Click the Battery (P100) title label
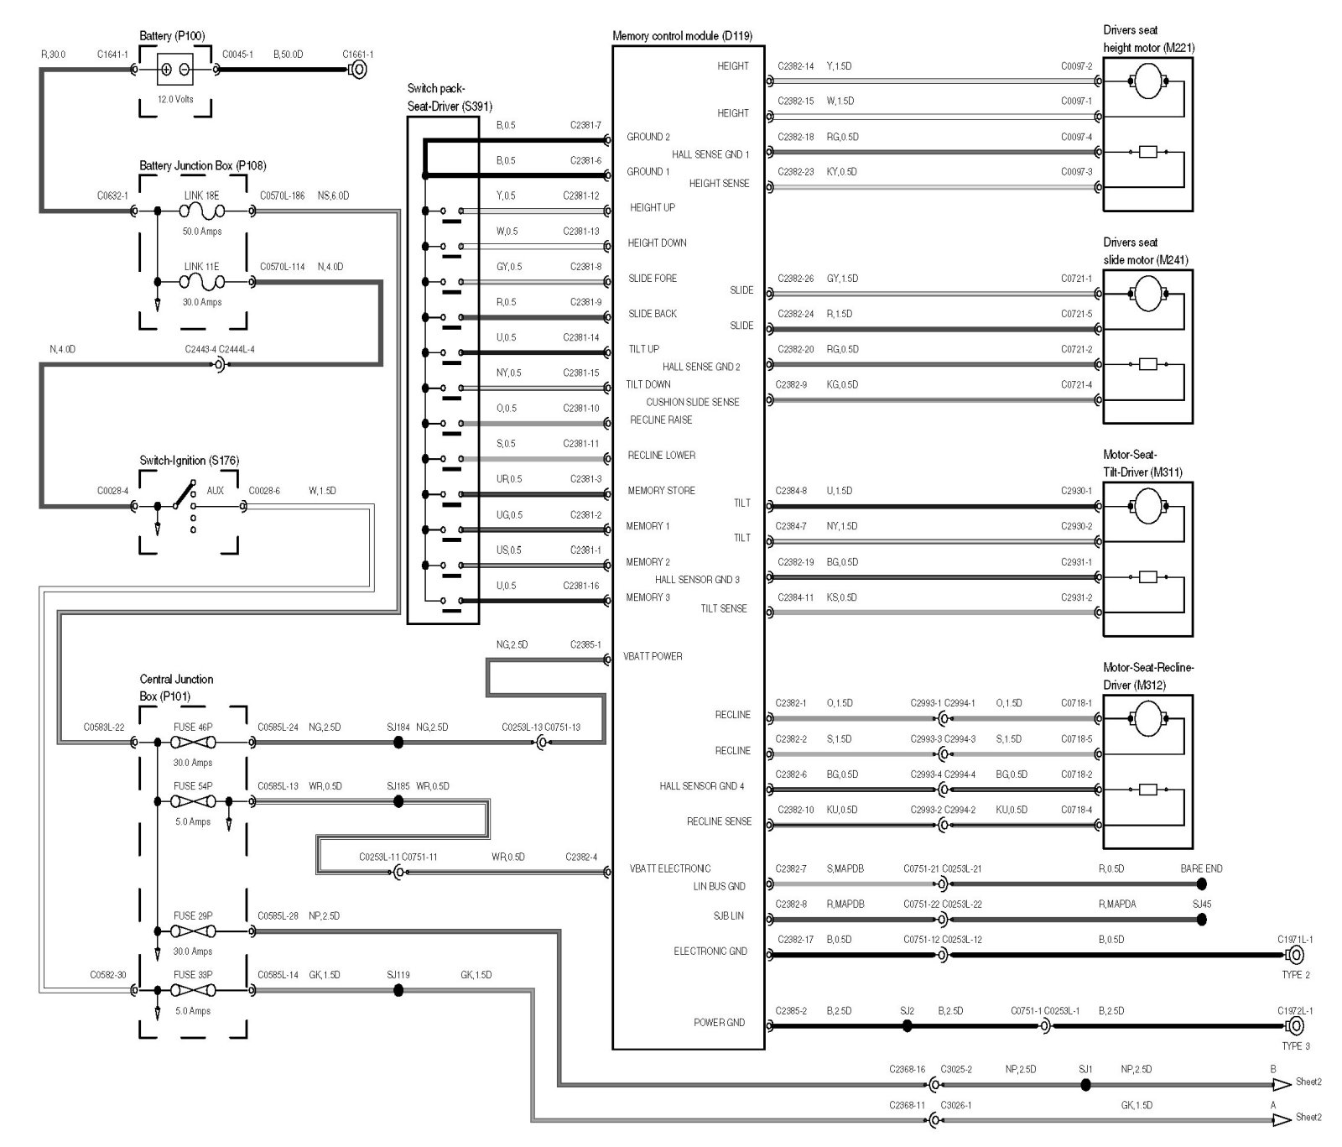(x=171, y=36)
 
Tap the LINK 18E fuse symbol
(x=201, y=211)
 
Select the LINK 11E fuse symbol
(x=201, y=282)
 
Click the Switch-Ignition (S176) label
(x=189, y=461)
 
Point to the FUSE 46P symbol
(x=193, y=743)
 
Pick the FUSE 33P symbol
(x=193, y=990)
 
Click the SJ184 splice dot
(x=398, y=743)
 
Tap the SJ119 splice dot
(x=398, y=990)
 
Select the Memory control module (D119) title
(x=682, y=36)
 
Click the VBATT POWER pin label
(x=653, y=656)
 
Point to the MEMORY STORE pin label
(x=661, y=491)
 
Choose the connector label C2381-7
(x=585, y=126)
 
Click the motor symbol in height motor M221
(x=1147, y=81)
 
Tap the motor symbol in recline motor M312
(x=1147, y=718)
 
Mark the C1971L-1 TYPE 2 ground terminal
(x=1295, y=955)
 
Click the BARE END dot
(x=1202, y=884)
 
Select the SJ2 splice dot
(x=907, y=1025)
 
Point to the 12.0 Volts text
(x=175, y=99)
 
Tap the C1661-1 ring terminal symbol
(x=358, y=70)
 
